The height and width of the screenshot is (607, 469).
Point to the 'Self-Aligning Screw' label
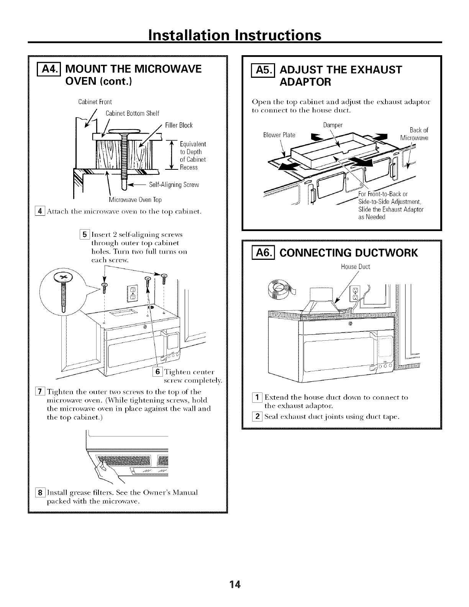click(x=174, y=185)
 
